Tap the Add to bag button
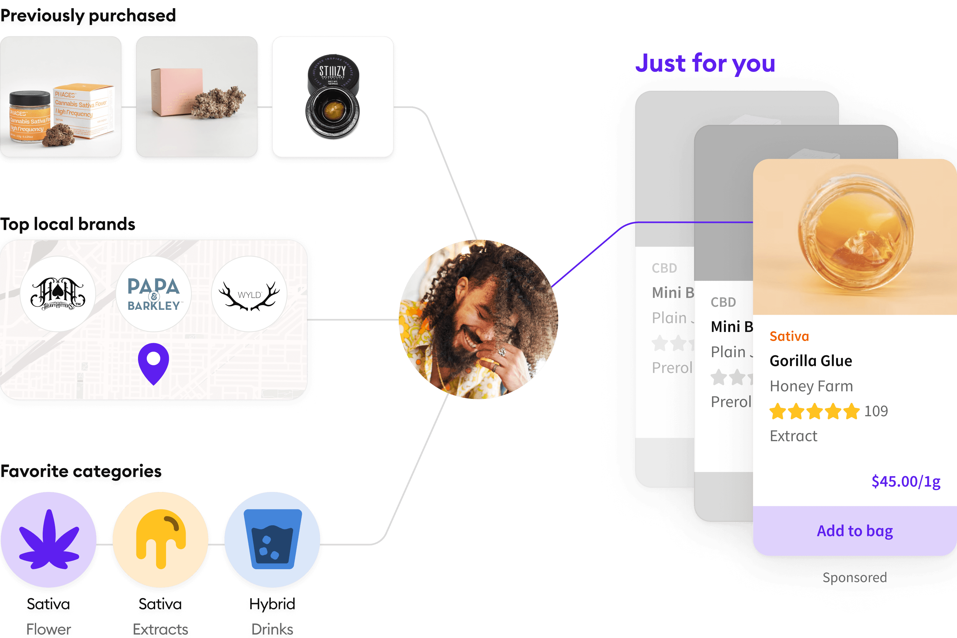pyautogui.click(x=855, y=531)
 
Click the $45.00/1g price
pyautogui.click(x=905, y=481)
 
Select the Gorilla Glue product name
pyautogui.click(x=811, y=361)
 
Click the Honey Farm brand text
pyautogui.click(x=811, y=386)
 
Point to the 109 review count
pyautogui.click(x=876, y=411)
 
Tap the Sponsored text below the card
pyautogui.click(x=855, y=577)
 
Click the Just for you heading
pyautogui.click(x=705, y=64)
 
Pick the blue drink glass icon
pyautogui.click(x=272, y=539)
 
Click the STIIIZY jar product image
pyautogui.click(x=333, y=97)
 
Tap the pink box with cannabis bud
pyautogui.click(x=197, y=97)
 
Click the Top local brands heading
pyautogui.click(x=68, y=224)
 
